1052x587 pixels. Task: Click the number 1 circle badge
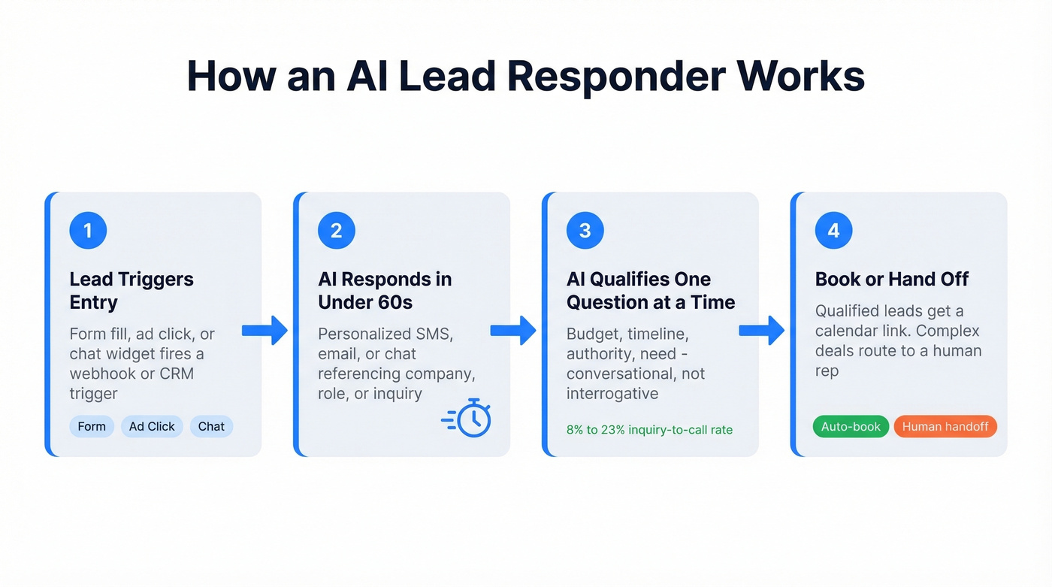coord(88,230)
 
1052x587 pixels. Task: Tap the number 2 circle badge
coord(337,230)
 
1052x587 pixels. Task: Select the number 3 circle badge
coord(585,230)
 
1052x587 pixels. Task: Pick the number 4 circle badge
coord(833,230)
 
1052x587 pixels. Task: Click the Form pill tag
coord(92,426)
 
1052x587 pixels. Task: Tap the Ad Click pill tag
coord(152,426)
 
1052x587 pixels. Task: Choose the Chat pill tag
coord(211,426)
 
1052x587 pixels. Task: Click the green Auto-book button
coord(851,426)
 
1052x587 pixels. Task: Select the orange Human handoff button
coord(945,426)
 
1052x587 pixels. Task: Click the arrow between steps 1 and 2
coord(265,330)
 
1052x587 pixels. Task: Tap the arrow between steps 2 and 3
coord(513,330)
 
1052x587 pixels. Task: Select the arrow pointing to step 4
coord(762,330)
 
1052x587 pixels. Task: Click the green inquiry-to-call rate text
coord(649,430)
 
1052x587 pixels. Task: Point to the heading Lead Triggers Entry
coord(131,290)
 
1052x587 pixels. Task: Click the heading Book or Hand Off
coord(892,279)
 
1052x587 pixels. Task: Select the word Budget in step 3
coord(594,334)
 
